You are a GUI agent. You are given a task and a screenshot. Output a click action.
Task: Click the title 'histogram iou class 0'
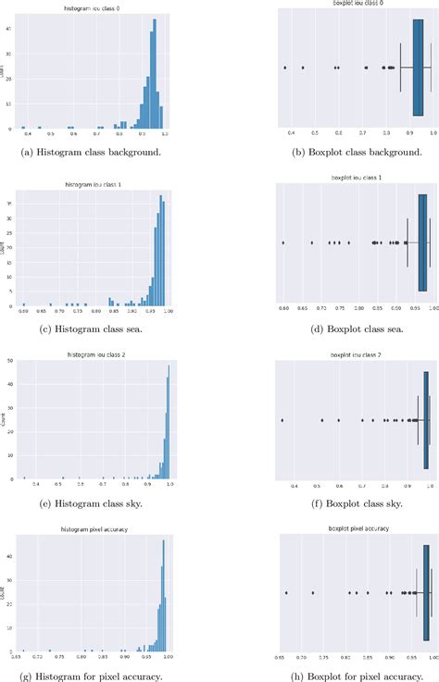pos(92,6)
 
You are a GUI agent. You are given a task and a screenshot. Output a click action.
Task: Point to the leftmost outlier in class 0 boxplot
pos(285,68)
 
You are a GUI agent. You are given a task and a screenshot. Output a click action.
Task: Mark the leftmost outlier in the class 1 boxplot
pos(283,243)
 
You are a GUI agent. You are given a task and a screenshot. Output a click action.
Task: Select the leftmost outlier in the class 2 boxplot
pos(282,420)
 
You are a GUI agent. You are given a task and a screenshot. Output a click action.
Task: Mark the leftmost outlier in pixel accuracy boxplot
pos(286,592)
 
